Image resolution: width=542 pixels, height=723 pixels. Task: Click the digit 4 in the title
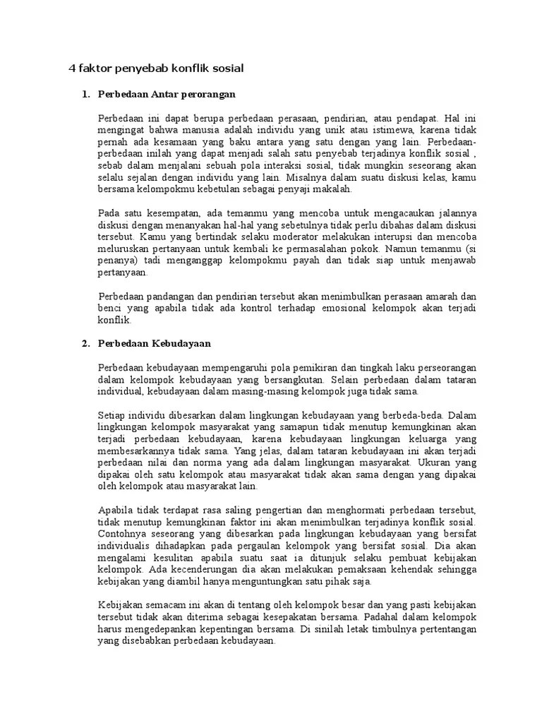point(71,68)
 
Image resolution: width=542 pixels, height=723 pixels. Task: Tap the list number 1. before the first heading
point(85,93)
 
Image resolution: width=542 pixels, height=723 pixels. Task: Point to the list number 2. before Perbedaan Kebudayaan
point(85,343)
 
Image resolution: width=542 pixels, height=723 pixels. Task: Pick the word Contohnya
point(124,534)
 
